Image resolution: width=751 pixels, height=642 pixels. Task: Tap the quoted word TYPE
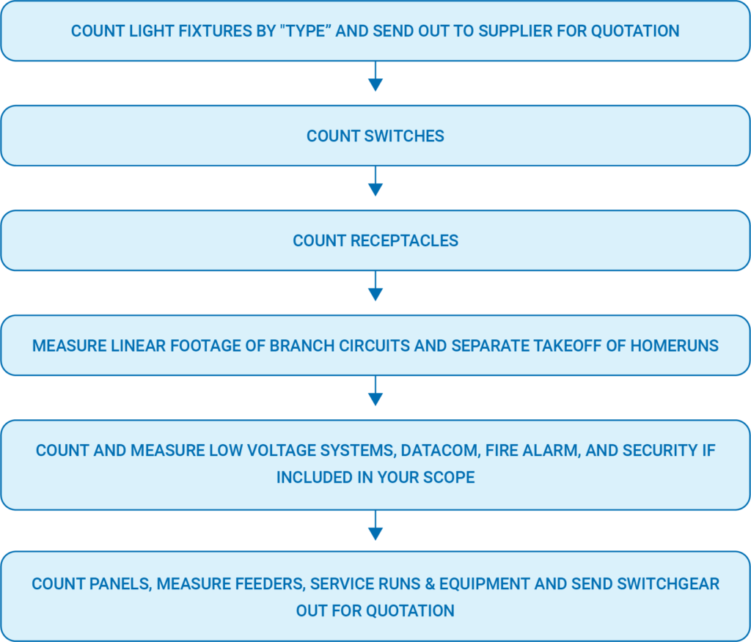[x=306, y=31]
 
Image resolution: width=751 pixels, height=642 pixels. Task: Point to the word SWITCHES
[x=404, y=136]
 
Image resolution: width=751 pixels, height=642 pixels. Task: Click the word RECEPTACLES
[x=404, y=241]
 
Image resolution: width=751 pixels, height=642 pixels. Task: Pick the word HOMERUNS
[x=675, y=346]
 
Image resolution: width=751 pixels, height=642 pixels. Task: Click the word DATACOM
[x=441, y=451]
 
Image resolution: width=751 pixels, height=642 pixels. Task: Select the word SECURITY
[x=662, y=451]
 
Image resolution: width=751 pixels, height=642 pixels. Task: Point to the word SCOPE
[x=450, y=477]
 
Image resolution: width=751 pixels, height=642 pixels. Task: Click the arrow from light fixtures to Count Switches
[x=375, y=76]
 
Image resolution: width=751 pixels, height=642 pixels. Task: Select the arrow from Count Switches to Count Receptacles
[x=375, y=181]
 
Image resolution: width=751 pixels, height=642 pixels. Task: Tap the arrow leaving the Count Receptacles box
[x=375, y=286]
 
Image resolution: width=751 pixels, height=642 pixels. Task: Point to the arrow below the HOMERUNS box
[x=375, y=391]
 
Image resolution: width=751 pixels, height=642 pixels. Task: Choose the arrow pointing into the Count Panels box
[x=375, y=525]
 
